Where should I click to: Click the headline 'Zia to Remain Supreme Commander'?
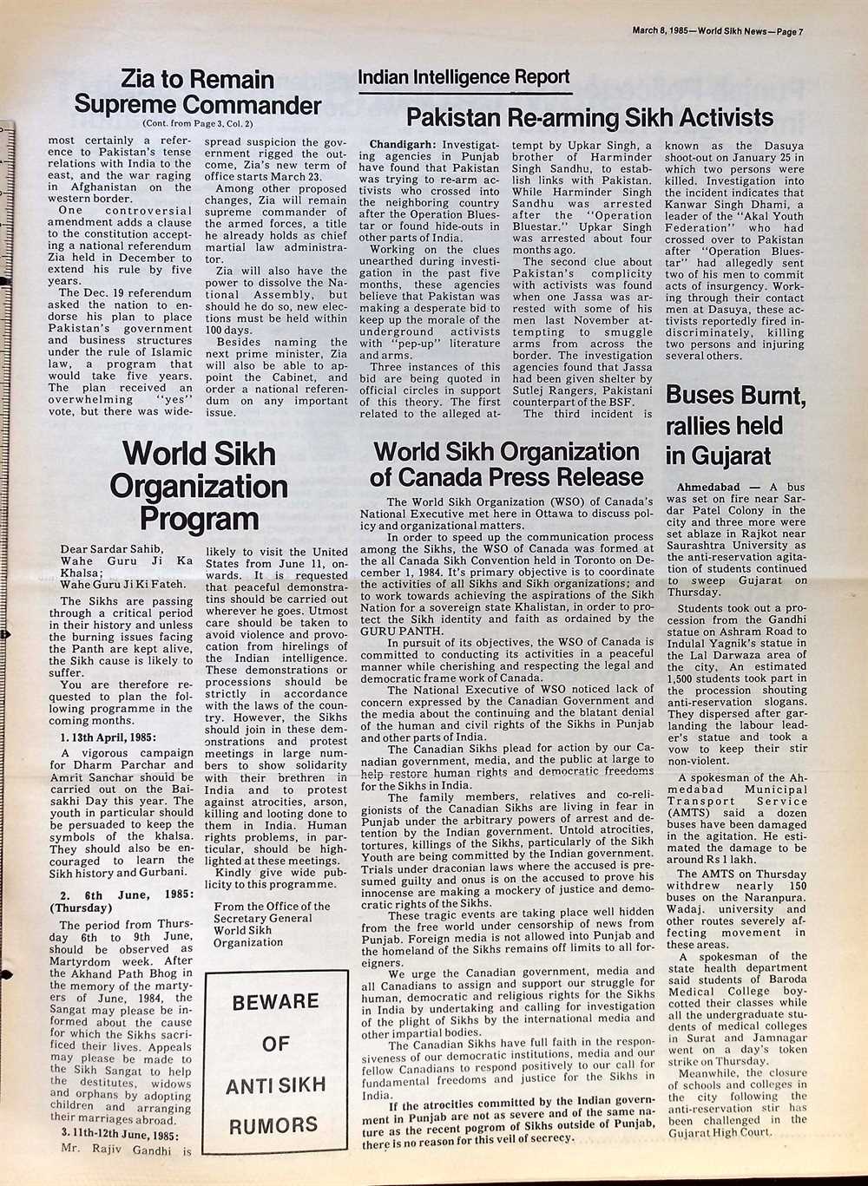[197, 93]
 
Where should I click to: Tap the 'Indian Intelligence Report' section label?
[464, 78]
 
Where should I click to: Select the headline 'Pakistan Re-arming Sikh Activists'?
[590, 117]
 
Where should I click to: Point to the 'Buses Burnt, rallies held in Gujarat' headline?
[736, 425]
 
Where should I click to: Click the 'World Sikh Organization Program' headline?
[199, 486]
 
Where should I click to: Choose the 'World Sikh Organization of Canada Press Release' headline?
[506, 464]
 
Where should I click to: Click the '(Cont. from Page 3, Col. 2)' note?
[197, 124]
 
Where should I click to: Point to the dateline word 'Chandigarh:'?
[404, 143]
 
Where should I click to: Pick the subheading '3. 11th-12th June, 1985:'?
[120, 1134]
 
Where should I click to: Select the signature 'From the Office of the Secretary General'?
[271, 912]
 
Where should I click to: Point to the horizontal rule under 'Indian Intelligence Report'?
[464, 92]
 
